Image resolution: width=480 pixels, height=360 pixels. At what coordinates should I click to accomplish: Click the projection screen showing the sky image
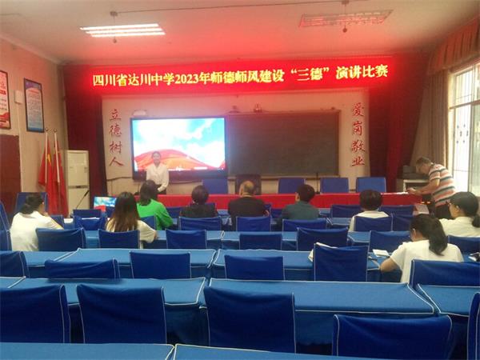178,144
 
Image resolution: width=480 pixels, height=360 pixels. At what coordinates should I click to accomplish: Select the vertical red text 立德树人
116,138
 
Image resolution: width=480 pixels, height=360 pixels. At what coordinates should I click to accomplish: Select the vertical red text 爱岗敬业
357,134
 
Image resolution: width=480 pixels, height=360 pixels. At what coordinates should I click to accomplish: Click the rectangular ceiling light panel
122,30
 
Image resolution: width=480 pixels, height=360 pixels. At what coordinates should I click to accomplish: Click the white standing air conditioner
78,180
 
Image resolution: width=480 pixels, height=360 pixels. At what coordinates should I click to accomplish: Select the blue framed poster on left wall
34,105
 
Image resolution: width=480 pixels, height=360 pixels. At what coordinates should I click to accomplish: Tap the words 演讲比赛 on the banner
362,71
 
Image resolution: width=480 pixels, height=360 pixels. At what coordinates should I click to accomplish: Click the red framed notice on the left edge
4,99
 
